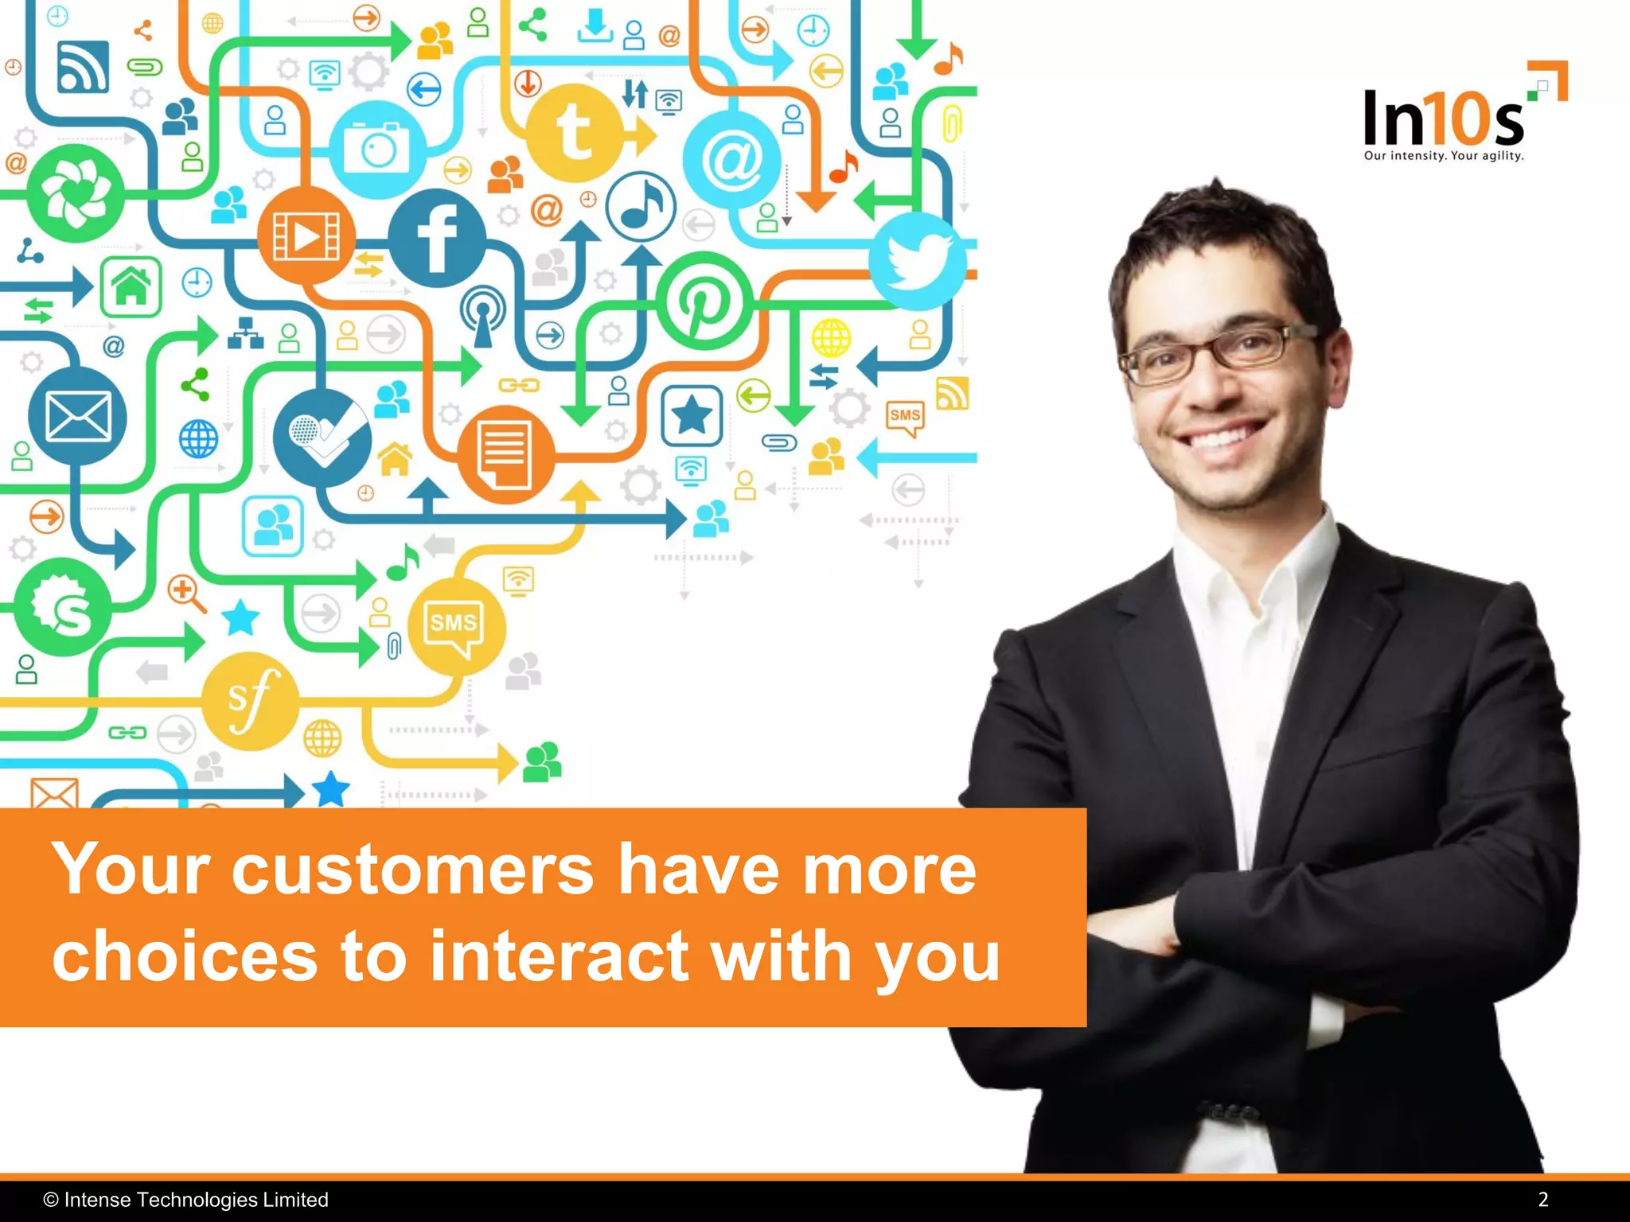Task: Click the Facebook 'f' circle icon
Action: [x=437, y=238]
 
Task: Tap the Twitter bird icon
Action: [x=918, y=261]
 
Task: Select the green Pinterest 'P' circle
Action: [x=704, y=301]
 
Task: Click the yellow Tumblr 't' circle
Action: [x=575, y=132]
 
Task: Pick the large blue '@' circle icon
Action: [x=731, y=160]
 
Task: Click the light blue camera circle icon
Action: [x=378, y=149]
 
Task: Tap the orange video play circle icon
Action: [x=306, y=236]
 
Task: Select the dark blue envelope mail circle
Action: [x=77, y=416]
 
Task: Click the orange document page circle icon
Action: [x=505, y=454]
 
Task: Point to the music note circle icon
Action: [x=641, y=207]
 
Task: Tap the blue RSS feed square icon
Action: [x=83, y=67]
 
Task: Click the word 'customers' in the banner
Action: [x=412, y=870]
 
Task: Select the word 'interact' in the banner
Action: [x=559, y=956]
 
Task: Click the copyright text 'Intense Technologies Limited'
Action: [x=196, y=1199]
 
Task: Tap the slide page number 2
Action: [x=1542, y=1199]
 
